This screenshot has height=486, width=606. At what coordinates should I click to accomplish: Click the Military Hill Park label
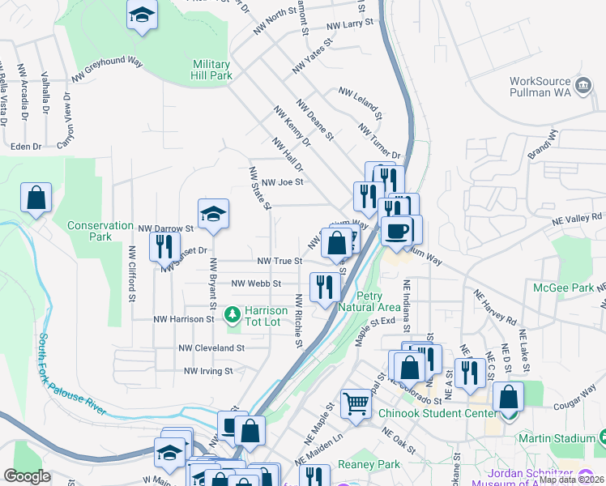point(212,70)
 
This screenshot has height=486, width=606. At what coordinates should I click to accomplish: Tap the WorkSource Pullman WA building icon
point(583,86)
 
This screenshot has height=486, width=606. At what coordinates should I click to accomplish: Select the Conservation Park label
point(100,231)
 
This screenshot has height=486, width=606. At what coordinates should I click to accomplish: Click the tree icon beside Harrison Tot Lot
point(233,312)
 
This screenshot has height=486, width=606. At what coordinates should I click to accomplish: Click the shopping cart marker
point(356,403)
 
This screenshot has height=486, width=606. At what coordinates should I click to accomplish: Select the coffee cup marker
point(396,231)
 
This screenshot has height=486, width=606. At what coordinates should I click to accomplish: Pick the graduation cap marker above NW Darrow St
point(213,214)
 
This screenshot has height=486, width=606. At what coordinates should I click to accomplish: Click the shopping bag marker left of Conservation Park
point(36,198)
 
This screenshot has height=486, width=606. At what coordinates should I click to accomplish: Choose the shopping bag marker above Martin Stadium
point(508,398)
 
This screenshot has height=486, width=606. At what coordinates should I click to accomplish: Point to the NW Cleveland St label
point(211,347)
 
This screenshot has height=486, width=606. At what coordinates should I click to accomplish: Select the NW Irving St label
point(208,371)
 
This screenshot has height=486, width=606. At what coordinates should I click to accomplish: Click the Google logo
point(27,475)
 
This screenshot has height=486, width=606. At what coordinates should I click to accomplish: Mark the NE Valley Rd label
point(578,218)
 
